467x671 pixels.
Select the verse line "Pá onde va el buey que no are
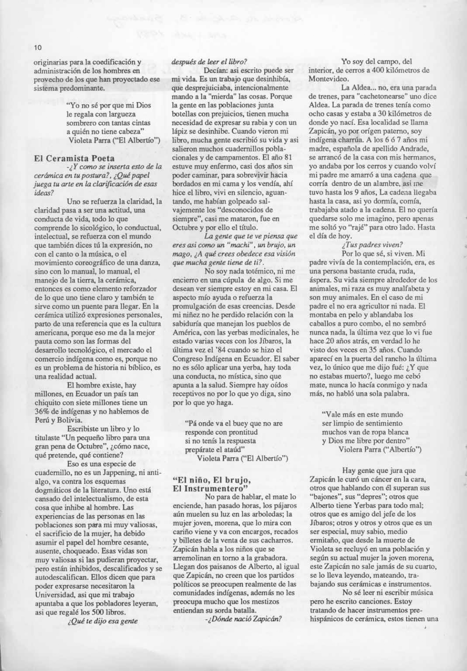234,423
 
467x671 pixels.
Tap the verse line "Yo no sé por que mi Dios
109,105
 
